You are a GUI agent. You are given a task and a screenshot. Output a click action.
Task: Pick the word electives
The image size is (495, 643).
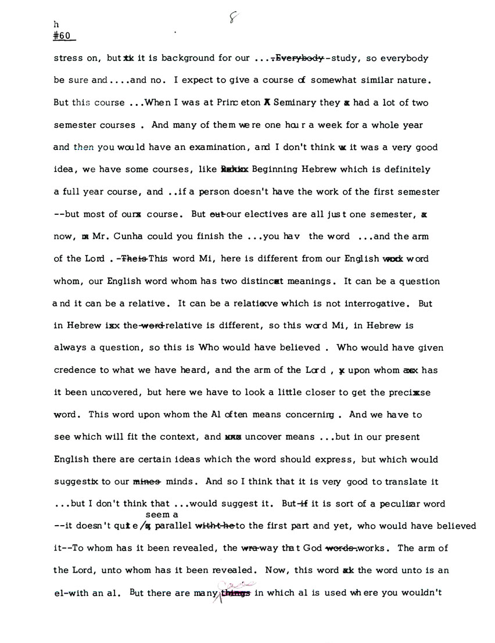click(270, 214)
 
